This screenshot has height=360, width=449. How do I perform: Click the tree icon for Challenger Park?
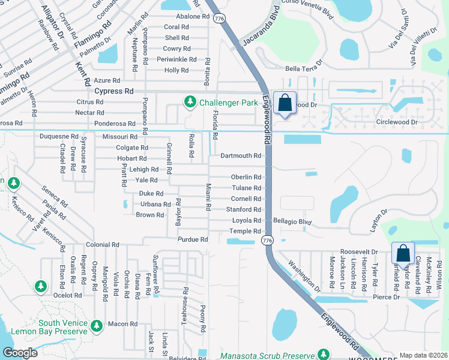(x=190, y=101)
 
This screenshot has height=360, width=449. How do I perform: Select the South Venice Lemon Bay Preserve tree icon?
(x=97, y=326)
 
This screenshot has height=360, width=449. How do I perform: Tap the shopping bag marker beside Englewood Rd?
(x=285, y=103)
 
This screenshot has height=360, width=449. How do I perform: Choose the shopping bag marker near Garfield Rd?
(x=403, y=253)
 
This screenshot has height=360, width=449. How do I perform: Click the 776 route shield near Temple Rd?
(x=267, y=240)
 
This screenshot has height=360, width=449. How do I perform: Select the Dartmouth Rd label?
(x=240, y=155)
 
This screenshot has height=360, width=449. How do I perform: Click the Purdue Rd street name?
(x=192, y=239)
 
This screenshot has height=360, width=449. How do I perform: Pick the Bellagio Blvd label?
(x=292, y=221)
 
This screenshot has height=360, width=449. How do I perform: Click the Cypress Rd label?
(x=114, y=91)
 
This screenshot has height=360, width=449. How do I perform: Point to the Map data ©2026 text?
(x=423, y=355)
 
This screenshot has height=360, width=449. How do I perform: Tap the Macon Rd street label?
(x=122, y=324)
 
